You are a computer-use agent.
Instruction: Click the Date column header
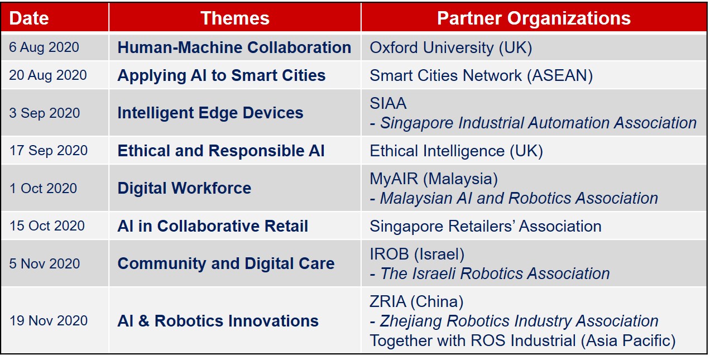click(29, 18)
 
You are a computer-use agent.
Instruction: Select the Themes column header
click(235, 18)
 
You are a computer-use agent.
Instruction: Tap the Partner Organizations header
click(534, 18)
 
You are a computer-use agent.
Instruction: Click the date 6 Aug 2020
click(44, 47)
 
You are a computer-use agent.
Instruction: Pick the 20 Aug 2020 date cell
click(48, 75)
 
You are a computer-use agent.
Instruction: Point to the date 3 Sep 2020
click(45, 113)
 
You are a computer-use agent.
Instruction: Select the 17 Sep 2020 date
click(48, 150)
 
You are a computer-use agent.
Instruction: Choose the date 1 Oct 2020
click(43, 188)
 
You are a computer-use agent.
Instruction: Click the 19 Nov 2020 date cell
click(48, 320)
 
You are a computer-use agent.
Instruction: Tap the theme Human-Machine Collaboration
click(234, 47)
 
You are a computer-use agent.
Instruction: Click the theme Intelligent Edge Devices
click(210, 113)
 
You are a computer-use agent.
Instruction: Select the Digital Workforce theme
click(184, 188)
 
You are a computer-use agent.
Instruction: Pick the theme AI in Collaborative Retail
click(213, 226)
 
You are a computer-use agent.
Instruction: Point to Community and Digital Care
click(226, 263)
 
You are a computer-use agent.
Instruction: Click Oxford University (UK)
click(450, 48)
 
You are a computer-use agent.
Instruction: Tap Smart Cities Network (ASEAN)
click(481, 76)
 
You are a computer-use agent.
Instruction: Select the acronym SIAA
click(388, 103)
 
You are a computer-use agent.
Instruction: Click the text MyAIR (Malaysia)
click(434, 179)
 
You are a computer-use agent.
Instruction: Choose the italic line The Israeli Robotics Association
click(490, 273)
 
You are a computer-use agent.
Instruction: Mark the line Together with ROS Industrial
click(522, 340)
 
